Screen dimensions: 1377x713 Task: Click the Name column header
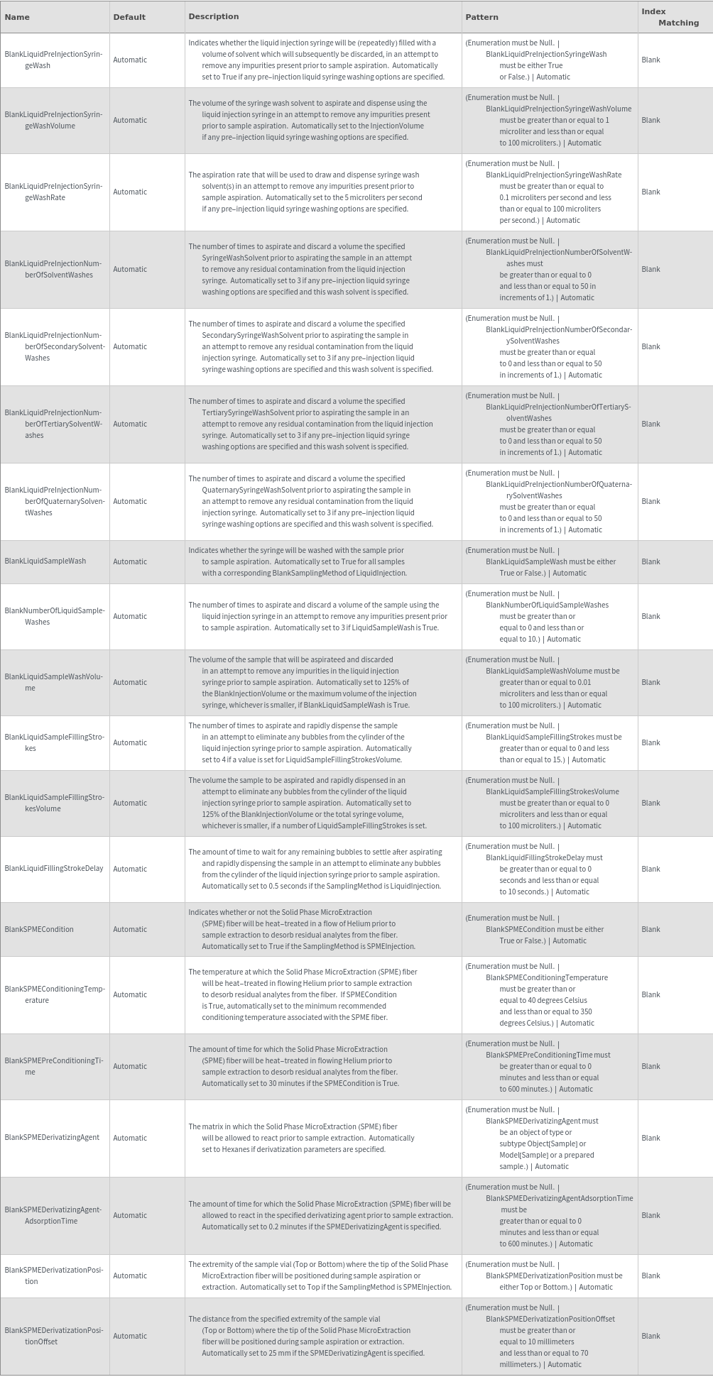point(17,17)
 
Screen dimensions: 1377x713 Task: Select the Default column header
point(129,17)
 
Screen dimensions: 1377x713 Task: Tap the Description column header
point(214,16)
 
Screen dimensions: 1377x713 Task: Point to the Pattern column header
point(482,17)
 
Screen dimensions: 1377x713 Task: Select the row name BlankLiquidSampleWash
point(45,561)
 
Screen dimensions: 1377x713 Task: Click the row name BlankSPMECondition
point(39,929)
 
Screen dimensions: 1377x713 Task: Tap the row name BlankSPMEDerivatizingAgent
point(52,1138)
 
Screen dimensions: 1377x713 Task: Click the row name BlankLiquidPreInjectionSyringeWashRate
point(54,192)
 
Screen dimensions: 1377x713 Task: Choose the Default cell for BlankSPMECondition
point(130,929)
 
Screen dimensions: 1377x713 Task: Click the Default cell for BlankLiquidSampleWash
point(130,561)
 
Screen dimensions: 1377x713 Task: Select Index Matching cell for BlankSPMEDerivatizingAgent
point(651,1138)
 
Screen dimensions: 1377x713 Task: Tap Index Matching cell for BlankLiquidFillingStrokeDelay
point(651,869)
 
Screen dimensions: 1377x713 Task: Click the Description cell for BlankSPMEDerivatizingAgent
point(302,1138)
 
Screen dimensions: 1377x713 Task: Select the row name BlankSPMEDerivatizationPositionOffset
point(54,1336)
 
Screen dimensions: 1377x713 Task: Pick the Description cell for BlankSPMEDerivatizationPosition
point(320,1275)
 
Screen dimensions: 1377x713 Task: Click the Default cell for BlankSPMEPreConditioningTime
point(130,1066)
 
